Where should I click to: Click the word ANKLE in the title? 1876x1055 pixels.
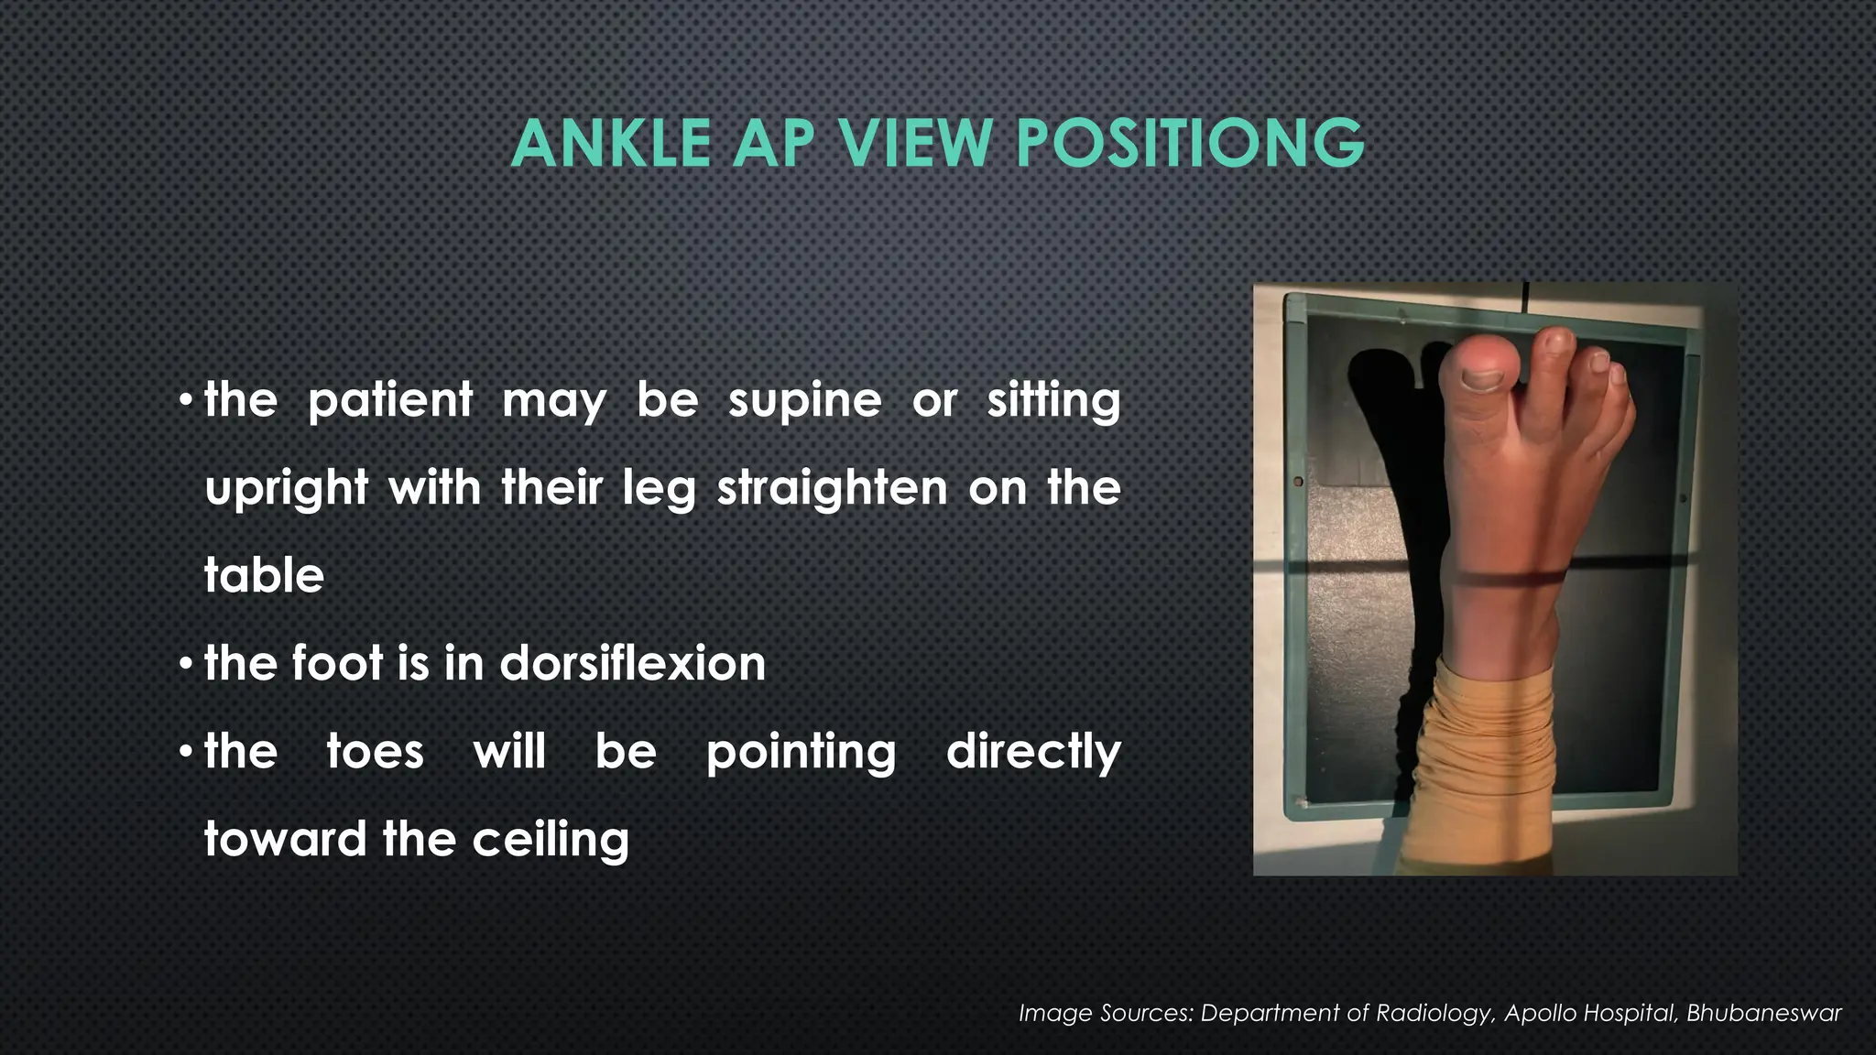[611, 144]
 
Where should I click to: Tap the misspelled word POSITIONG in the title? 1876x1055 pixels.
[1190, 144]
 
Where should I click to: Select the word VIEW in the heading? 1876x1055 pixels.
[917, 144]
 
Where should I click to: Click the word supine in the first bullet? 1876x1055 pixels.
[805, 400]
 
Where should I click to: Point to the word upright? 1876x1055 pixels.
[286, 488]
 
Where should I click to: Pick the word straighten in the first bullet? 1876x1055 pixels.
[832, 488]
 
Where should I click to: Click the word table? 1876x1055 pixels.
[264, 575]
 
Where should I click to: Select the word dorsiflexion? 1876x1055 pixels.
[633, 663]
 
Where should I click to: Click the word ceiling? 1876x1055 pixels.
[551, 840]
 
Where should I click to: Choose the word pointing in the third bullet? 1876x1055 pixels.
[801, 752]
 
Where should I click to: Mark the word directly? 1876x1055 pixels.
[1033, 752]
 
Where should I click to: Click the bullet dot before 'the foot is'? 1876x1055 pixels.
[186, 663]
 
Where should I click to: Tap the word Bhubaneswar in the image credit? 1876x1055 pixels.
[1763, 1013]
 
